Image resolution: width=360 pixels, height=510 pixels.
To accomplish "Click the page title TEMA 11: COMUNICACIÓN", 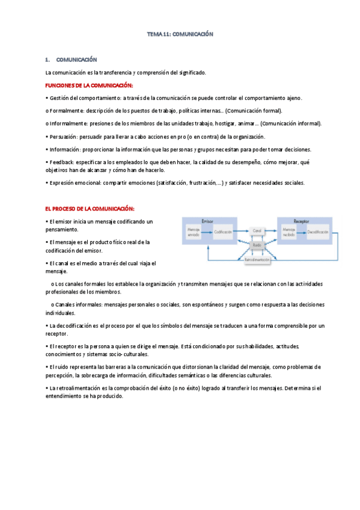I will click(x=180, y=35).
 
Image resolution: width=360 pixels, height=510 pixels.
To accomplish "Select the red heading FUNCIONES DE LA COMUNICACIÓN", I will click(x=89, y=85).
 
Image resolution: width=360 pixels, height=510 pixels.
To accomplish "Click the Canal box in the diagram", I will click(x=258, y=231).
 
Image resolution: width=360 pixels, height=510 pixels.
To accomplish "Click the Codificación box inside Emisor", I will click(x=222, y=232).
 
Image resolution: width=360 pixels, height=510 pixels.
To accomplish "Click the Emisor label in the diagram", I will click(x=207, y=221).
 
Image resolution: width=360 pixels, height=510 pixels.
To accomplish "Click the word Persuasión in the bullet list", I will click(x=64, y=137).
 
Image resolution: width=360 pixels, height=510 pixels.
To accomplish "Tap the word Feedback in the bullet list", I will click(x=63, y=162).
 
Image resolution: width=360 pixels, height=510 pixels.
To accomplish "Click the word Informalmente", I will click(x=69, y=123).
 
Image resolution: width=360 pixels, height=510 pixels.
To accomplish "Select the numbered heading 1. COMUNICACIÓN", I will click(x=71, y=60).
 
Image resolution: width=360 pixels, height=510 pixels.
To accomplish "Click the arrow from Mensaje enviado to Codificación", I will click(x=208, y=232).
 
